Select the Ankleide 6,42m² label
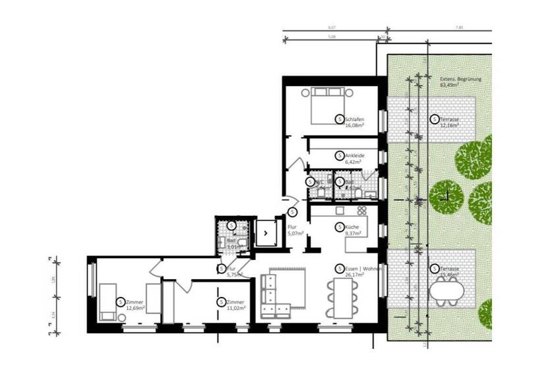[354, 159]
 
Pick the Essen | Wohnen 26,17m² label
[359, 272]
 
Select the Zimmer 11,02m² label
[235, 304]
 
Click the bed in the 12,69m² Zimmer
[107, 301]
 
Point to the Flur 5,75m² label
[234, 271]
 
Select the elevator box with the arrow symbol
[265, 232]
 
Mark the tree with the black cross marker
[446, 196]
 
